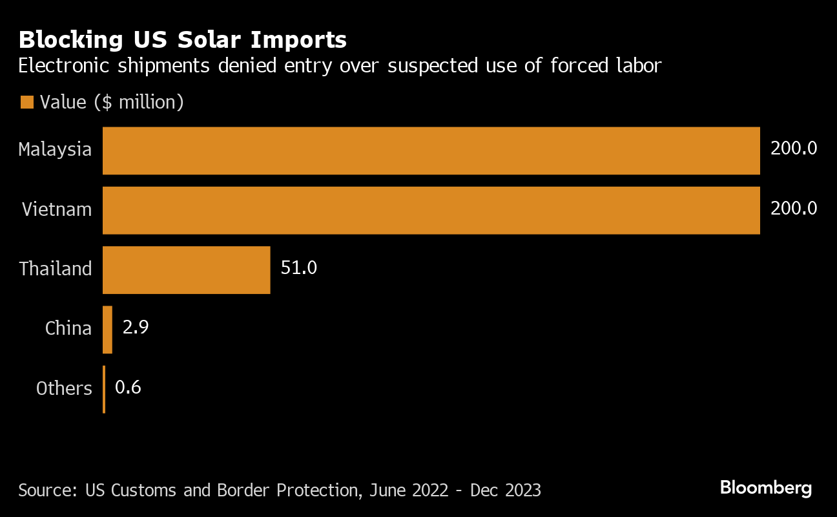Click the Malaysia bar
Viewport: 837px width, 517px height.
431,151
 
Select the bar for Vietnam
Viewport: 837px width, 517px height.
431,210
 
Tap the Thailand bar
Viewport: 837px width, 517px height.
186,269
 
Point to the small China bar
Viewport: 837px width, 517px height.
107,330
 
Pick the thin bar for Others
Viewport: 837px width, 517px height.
104,389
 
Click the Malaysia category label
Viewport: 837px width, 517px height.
55,150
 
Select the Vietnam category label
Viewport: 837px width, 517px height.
56,209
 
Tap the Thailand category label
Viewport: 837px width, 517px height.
56,269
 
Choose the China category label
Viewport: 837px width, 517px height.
68,328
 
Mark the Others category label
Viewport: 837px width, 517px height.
64,388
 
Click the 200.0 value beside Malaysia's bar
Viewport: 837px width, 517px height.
794,149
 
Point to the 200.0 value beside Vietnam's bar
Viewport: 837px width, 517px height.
794,208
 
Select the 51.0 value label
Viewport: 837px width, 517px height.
298,268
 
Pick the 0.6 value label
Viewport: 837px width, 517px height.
128,387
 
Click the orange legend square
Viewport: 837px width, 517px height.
26,102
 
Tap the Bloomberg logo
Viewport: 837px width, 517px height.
765,488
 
